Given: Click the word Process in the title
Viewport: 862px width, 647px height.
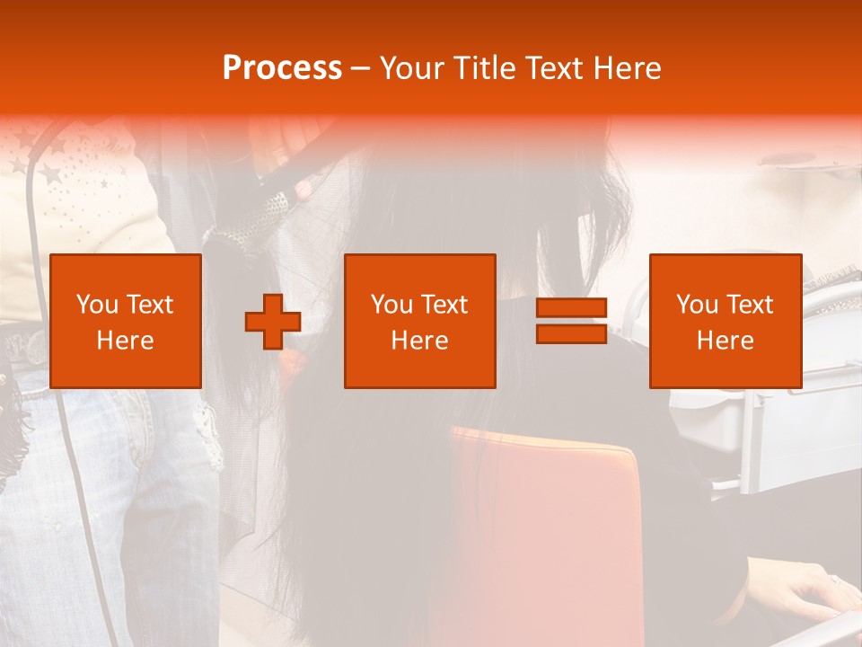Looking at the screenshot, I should click(x=282, y=68).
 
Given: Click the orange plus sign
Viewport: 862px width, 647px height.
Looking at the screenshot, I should click(x=273, y=321).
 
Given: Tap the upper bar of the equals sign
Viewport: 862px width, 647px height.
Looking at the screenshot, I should click(x=571, y=307).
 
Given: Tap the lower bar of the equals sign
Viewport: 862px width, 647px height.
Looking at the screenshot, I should click(x=571, y=334).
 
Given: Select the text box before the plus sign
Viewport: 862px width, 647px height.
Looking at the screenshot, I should click(x=126, y=321).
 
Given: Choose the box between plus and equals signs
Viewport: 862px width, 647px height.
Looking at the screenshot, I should click(x=419, y=321).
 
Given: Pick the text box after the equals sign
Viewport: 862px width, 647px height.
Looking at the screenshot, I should click(x=726, y=321).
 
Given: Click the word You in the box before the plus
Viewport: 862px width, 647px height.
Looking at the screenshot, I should click(x=97, y=305).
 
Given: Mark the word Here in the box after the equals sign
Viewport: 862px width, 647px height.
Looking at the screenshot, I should click(x=726, y=341).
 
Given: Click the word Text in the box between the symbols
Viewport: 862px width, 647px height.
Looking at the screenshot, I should click(x=444, y=305).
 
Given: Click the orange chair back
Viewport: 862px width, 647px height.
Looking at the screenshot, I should click(x=548, y=530).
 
